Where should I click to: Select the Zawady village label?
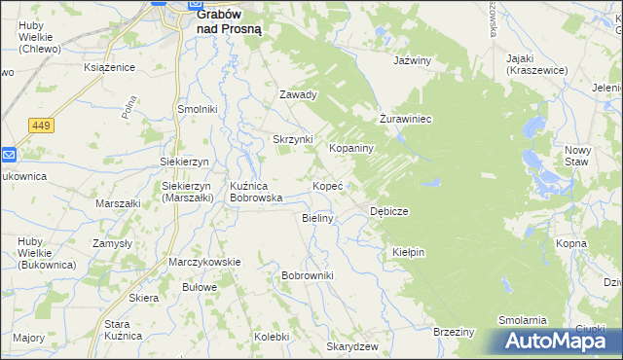coord(299,95)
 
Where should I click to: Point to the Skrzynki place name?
coord(292,139)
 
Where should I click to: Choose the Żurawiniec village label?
coord(405,119)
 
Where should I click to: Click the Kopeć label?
coord(326,184)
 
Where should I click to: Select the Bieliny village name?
coord(318,218)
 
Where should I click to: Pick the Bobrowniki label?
coord(308,276)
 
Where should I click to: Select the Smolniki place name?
coord(197,109)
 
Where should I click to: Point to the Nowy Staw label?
coord(578,156)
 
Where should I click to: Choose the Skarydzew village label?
coord(352,346)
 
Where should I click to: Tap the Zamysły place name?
coord(112,243)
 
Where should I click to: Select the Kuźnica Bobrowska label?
coord(256,191)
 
